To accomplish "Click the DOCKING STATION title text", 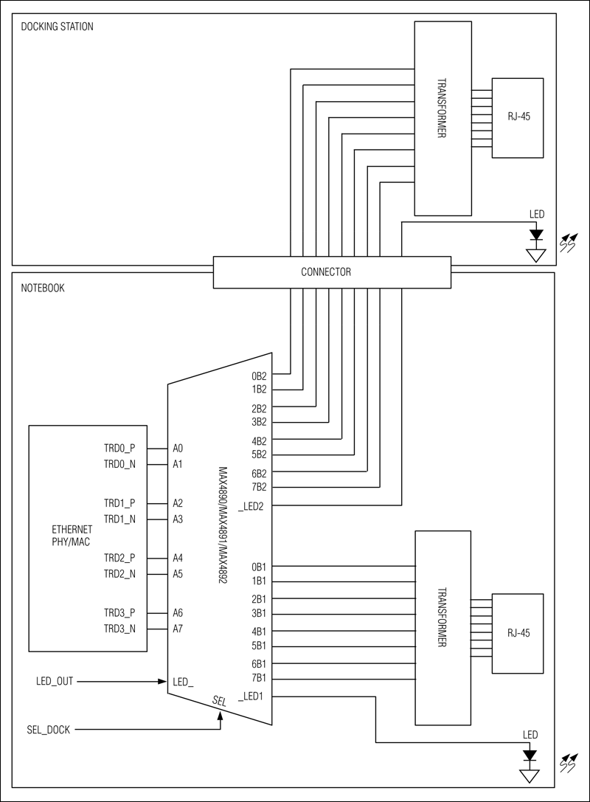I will coord(57,27).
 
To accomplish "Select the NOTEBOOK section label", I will coord(44,288).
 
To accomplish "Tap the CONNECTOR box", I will coord(331,272).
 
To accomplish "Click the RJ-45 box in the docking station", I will coord(518,117).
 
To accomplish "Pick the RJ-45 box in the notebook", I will coord(518,633).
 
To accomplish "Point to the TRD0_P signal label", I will coord(119,448).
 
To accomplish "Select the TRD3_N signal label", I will coord(119,629).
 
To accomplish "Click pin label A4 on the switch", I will coord(178,558).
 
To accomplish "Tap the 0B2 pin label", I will coord(259,374).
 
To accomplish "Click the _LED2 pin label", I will coord(252,505).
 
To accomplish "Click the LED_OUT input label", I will coord(55,680).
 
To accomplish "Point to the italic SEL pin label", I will coord(219,701).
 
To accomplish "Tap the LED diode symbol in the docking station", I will coord(536,235).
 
